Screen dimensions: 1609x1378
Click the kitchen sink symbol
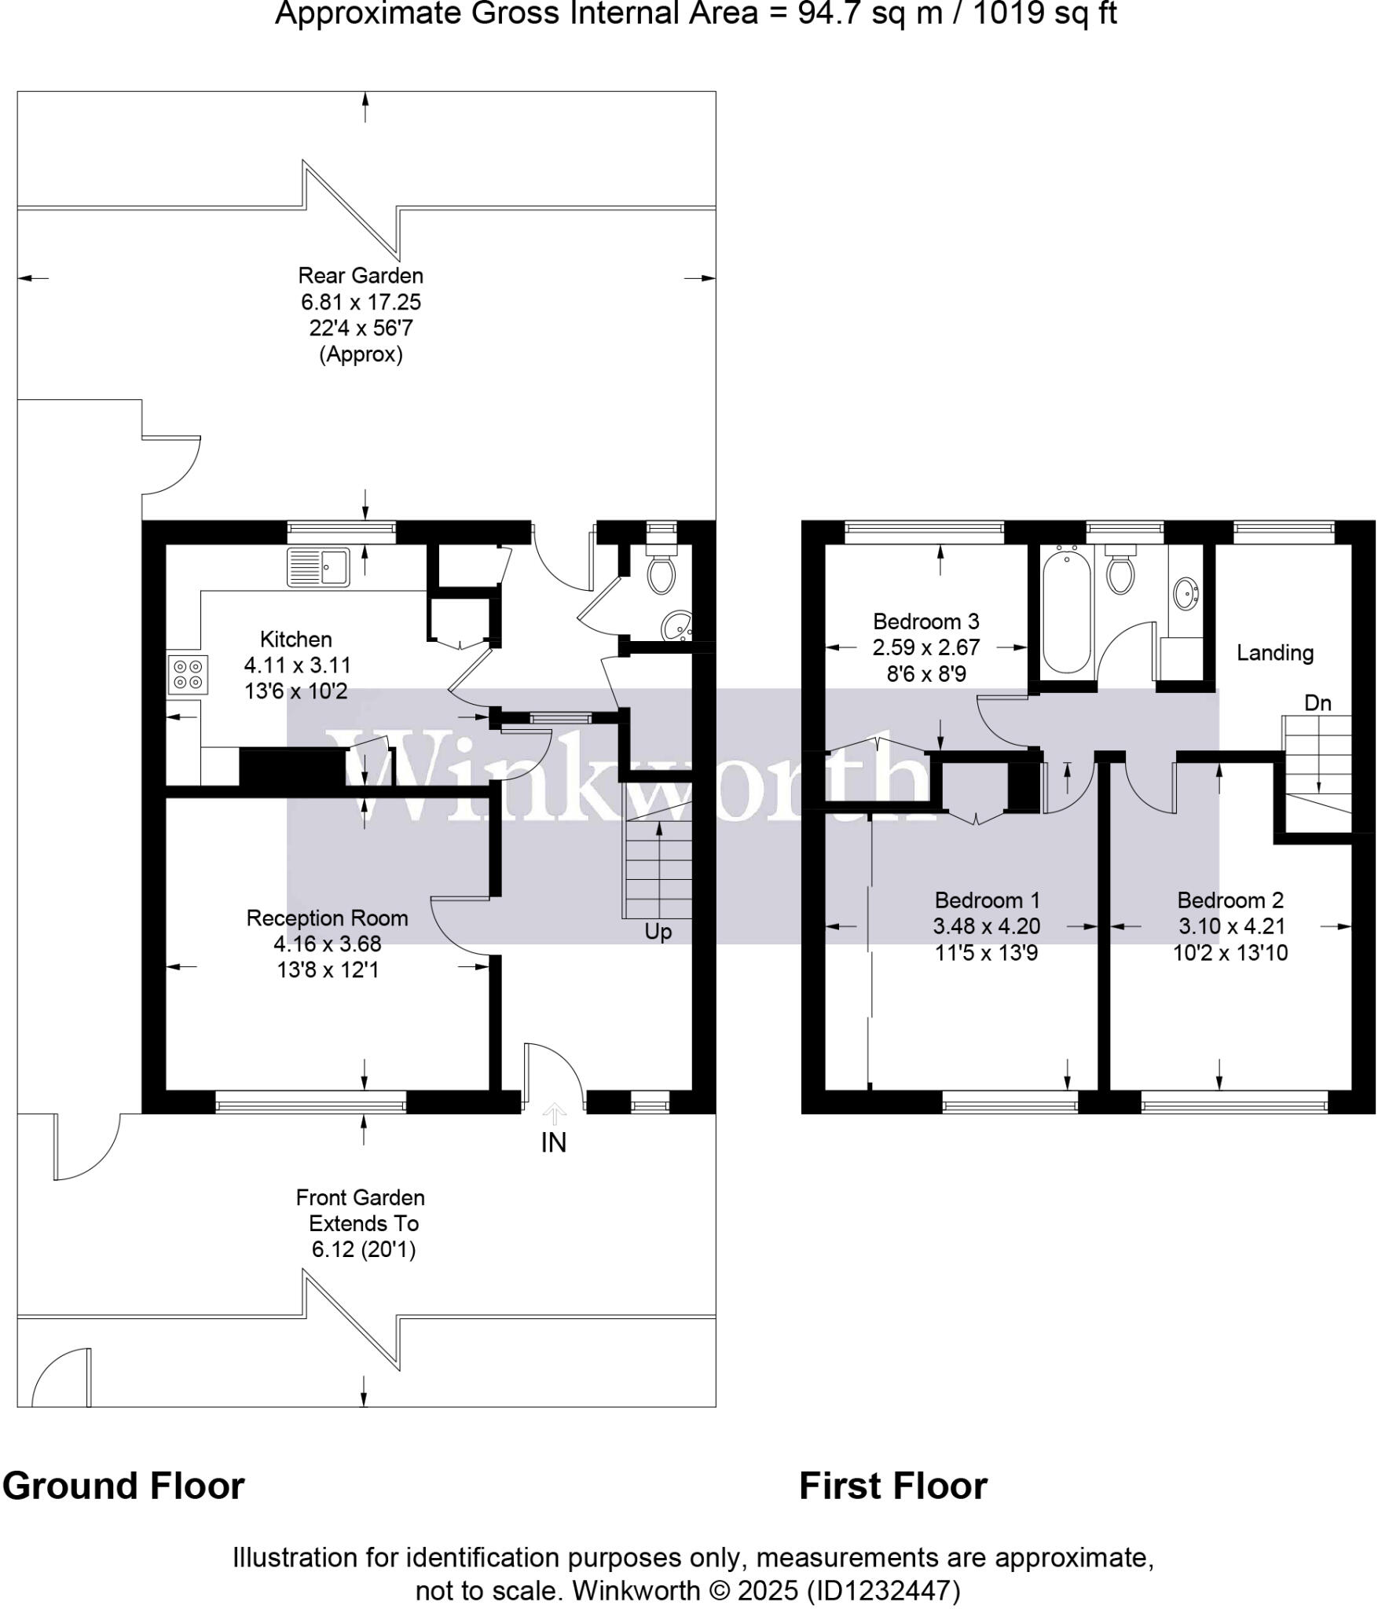click(x=318, y=566)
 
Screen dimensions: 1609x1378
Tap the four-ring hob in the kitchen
click(x=188, y=674)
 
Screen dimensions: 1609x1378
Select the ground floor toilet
click(x=661, y=573)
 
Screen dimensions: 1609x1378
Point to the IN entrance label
click(x=553, y=1143)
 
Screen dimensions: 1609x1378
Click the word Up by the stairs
click(x=658, y=932)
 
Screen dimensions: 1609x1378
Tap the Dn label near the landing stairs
click(x=1318, y=702)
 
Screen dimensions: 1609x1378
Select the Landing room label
click(x=1274, y=653)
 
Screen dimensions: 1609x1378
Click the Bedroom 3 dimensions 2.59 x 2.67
click(x=925, y=648)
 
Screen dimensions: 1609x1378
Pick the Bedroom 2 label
click(x=1230, y=900)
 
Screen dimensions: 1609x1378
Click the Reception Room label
click(x=327, y=918)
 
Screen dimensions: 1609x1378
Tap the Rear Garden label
click(x=361, y=276)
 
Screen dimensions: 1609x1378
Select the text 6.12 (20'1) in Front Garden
click(x=363, y=1249)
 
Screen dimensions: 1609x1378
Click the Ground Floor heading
click(x=123, y=1486)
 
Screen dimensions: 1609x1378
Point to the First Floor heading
click(x=892, y=1486)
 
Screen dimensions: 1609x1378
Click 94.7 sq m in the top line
click(x=870, y=13)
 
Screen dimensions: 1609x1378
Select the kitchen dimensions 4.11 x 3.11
click(x=297, y=665)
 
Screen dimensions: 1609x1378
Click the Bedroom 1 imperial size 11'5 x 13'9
click(x=986, y=953)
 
